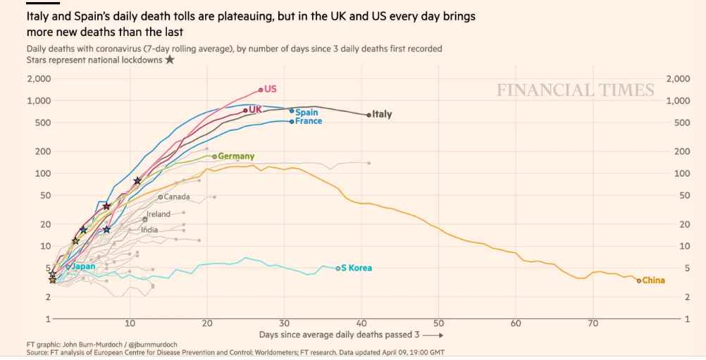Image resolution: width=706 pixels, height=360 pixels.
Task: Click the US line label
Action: (271, 89)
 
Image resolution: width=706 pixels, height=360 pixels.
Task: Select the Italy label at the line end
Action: (382, 114)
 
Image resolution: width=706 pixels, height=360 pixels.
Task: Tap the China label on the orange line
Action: (654, 280)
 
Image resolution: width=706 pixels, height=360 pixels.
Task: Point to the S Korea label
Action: (357, 268)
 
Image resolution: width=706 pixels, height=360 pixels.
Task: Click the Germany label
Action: (237, 156)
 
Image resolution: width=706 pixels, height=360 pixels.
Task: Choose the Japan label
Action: (84, 266)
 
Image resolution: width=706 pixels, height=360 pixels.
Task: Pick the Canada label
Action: (177, 197)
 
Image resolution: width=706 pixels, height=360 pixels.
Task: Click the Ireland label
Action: (159, 213)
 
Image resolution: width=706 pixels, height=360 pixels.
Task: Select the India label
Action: (149, 230)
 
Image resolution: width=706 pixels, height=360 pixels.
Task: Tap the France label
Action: (309, 121)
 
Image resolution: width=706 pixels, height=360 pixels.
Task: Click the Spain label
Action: (306, 112)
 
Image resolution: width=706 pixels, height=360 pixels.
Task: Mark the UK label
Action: (255, 109)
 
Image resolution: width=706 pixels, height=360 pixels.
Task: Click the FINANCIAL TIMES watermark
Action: (575, 90)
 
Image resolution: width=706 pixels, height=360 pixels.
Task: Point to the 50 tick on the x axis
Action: (438, 323)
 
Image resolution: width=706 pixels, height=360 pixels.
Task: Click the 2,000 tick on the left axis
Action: (38, 78)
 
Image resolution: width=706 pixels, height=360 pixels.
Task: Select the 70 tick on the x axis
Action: (593, 323)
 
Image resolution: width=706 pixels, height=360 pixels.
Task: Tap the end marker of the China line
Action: (639, 280)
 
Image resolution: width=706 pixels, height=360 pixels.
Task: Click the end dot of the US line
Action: (261, 89)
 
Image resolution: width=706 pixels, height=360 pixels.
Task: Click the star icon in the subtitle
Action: (169, 60)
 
